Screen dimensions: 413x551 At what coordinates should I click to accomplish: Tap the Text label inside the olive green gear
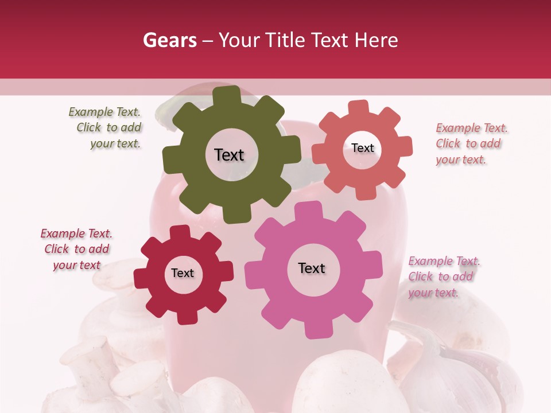pyautogui.click(x=229, y=155)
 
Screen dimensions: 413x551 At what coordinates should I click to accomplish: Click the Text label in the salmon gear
pyautogui.click(x=362, y=148)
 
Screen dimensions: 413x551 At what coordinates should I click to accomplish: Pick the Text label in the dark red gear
pyautogui.click(x=183, y=273)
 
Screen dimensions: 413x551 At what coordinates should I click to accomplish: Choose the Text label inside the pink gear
pyautogui.click(x=312, y=268)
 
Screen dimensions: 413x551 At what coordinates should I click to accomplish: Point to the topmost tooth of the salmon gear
pyautogui.click(x=358, y=108)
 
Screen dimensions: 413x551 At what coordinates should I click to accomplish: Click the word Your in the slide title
pyautogui.click(x=240, y=40)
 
